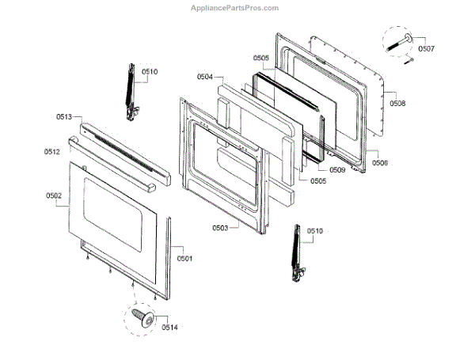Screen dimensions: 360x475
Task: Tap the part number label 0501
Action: pyautogui.click(x=184, y=259)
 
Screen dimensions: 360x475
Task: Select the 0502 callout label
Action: pyautogui.click(x=53, y=195)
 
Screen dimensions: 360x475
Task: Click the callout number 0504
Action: pyautogui.click(x=205, y=77)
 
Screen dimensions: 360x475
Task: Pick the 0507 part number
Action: pyautogui.click(x=426, y=48)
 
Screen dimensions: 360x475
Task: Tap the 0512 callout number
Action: pyautogui.click(x=52, y=151)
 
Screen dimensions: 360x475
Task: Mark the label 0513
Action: pyautogui.click(x=64, y=117)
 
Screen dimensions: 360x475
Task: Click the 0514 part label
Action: pyautogui.click(x=170, y=326)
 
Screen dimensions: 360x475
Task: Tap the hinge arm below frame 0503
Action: pyautogui.click(x=298, y=251)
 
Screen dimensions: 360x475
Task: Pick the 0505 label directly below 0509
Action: pyautogui.click(x=318, y=180)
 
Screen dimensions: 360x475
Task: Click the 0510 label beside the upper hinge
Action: pyautogui.click(x=150, y=72)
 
